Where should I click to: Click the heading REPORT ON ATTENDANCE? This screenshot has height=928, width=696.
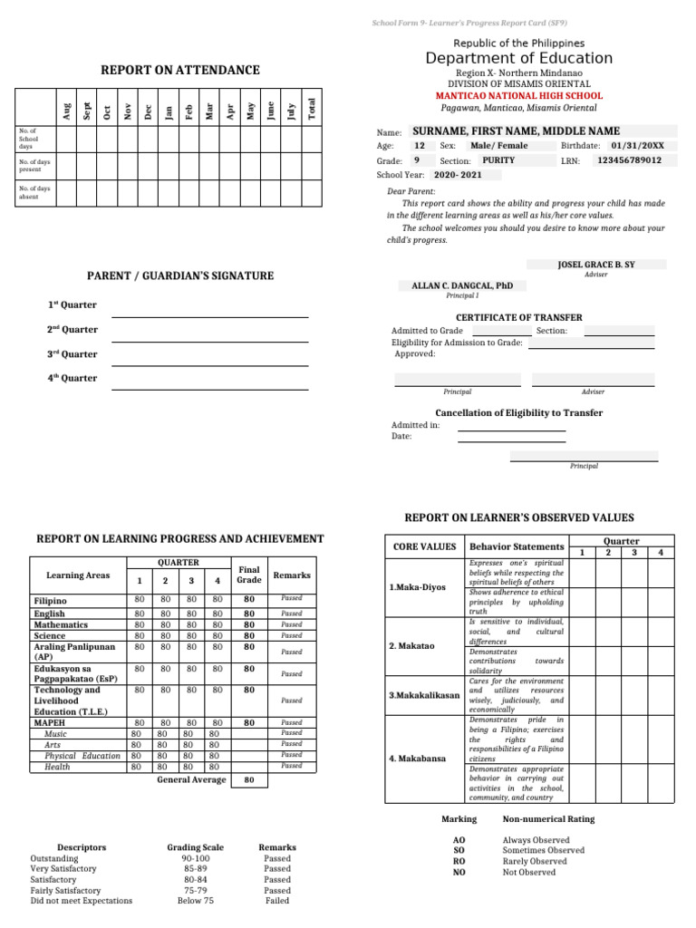tap(179, 70)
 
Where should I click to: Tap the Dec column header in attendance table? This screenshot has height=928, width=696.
tap(148, 111)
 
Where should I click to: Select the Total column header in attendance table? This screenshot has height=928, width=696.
tap(312, 108)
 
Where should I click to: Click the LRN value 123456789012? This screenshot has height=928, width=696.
tap(628, 160)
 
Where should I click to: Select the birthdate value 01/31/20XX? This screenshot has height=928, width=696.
tap(637, 145)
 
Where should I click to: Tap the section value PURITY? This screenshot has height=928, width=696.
tap(498, 160)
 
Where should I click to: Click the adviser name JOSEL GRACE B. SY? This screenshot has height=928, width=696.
tap(596, 264)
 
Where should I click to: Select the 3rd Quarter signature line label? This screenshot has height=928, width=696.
tap(72, 354)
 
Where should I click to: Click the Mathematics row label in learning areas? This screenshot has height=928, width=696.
tap(62, 624)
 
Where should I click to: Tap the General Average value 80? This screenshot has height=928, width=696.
tap(249, 779)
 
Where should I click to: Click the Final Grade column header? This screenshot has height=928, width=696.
tap(249, 575)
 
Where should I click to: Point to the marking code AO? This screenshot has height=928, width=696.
tap(459, 840)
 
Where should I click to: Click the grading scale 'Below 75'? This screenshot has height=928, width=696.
tap(196, 901)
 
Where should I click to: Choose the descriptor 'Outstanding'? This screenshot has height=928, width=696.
tap(54, 858)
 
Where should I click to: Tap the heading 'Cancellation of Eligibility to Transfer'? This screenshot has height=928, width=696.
tap(518, 412)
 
